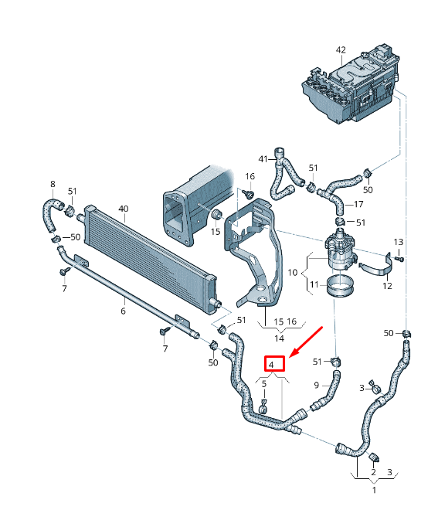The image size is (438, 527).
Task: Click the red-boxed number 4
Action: click(x=273, y=363)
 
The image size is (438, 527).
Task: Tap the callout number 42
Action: click(x=341, y=50)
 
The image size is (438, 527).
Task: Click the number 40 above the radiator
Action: click(x=123, y=209)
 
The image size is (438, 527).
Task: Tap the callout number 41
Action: click(x=263, y=160)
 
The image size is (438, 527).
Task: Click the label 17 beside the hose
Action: click(x=358, y=205)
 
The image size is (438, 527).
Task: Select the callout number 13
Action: click(x=399, y=243)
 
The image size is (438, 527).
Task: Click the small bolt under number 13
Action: click(x=399, y=259)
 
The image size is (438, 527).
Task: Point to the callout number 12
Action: click(x=387, y=286)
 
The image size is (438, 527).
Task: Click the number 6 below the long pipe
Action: click(x=122, y=311)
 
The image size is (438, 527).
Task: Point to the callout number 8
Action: click(x=53, y=184)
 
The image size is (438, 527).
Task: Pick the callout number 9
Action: click(x=316, y=385)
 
